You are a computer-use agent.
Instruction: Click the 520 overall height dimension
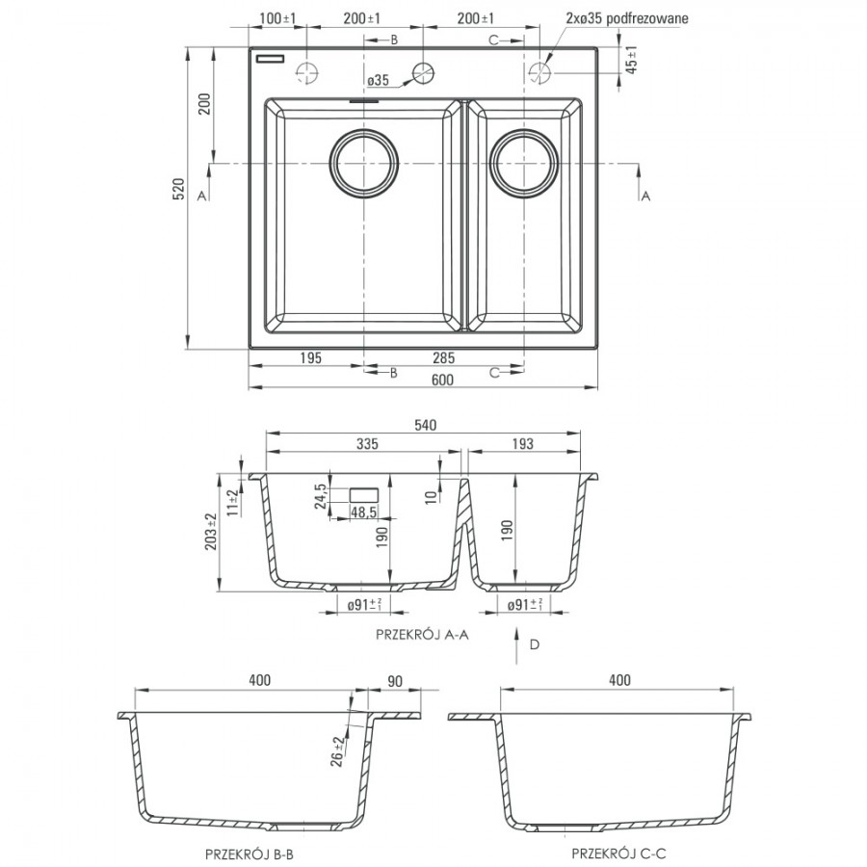(x=178, y=189)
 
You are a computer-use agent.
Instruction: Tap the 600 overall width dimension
(x=442, y=380)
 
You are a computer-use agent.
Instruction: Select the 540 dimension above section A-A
(x=425, y=425)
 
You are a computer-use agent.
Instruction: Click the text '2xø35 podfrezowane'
(x=627, y=18)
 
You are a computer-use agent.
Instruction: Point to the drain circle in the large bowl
(x=364, y=164)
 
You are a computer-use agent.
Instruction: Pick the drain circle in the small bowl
(x=524, y=164)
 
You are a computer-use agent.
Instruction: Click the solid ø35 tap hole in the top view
(x=423, y=72)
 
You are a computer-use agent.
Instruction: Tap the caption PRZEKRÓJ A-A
(x=423, y=634)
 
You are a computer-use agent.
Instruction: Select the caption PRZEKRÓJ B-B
(x=250, y=854)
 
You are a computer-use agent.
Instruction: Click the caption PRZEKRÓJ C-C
(x=618, y=854)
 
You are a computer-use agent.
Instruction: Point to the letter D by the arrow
(x=534, y=644)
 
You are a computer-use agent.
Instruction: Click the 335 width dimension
(x=367, y=443)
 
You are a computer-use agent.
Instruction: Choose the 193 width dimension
(x=522, y=443)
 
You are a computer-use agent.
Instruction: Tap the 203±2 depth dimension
(x=211, y=532)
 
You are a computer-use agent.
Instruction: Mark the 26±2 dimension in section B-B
(x=337, y=751)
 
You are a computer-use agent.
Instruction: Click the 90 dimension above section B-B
(x=395, y=681)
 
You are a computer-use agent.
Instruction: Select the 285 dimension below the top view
(x=443, y=357)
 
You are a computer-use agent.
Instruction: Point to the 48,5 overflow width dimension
(x=363, y=512)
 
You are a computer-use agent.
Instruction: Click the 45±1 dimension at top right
(x=632, y=59)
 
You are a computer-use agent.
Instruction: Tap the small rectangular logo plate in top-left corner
(x=270, y=59)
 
